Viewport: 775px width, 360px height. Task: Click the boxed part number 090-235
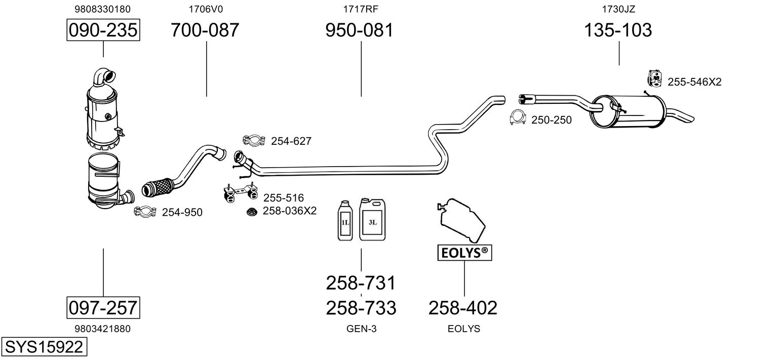tap(103, 30)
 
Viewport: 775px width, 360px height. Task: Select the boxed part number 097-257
tap(103, 307)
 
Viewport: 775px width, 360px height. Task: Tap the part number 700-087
tap(205, 30)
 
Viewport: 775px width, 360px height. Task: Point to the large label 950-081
tap(359, 30)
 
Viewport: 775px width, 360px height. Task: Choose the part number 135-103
tap(618, 30)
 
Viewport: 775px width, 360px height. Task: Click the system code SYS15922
tap(44, 347)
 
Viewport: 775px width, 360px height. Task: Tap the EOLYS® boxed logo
tap(464, 252)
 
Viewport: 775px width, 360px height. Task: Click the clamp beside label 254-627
tap(254, 141)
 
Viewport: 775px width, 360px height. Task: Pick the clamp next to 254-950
tap(145, 212)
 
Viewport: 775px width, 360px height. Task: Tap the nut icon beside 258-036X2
tap(251, 211)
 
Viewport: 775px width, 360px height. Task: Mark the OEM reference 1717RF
tap(361, 9)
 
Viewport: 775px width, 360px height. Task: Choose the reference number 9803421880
tap(102, 329)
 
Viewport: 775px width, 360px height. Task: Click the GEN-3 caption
tap(361, 329)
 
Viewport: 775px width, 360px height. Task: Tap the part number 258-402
tap(463, 307)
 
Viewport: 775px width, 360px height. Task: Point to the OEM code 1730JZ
tap(618, 9)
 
